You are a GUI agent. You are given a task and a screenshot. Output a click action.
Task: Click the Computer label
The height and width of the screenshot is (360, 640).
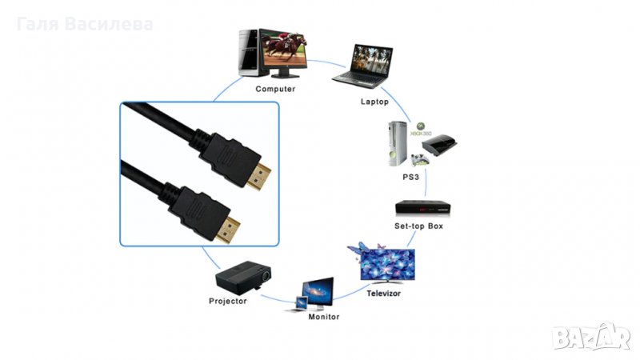(x=275, y=89)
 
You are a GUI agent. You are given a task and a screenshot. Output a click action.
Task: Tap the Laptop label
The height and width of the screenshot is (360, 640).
(x=374, y=102)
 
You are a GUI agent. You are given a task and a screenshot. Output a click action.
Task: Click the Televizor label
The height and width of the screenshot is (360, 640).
(x=384, y=294)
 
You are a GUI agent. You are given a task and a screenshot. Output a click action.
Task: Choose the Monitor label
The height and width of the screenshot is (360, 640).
(x=324, y=317)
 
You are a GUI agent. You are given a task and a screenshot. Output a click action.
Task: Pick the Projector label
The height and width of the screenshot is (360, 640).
(x=227, y=301)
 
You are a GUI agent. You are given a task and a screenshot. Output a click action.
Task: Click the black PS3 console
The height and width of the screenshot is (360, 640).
(x=442, y=146)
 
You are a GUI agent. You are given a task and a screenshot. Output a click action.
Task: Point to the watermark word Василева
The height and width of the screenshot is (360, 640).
(x=111, y=24)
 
